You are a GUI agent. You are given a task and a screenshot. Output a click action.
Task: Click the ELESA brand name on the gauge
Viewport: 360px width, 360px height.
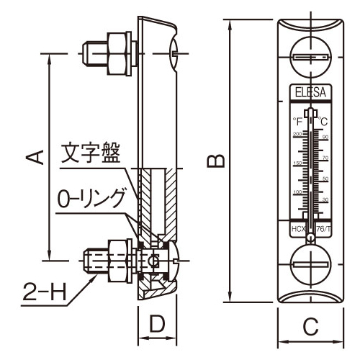[310, 91]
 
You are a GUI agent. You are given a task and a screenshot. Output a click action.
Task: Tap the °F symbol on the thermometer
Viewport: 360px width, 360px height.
[297, 122]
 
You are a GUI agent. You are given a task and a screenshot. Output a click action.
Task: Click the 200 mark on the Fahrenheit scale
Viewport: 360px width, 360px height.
[297, 135]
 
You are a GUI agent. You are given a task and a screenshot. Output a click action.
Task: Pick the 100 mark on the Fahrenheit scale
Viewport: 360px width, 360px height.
[297, 192]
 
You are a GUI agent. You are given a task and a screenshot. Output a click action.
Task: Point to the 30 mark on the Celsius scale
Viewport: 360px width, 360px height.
[325, 199]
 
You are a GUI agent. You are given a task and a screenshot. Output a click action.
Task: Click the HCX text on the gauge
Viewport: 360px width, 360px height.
[297, 229]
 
